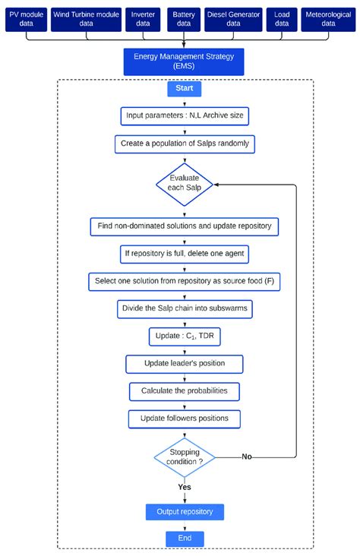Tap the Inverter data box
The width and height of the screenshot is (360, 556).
pyautogui.click(x=141, y=18)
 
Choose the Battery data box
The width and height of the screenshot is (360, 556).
pyautogui.click(x=184, y=18)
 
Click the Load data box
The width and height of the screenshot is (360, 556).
pyautogui.click(x=282, y=18)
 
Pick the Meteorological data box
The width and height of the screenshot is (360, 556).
pyautogui.click(x=329, y=18)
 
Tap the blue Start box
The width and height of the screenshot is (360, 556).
pyautogui.click(x=185, y=89)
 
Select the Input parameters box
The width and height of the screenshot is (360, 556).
pyautogui.click(x=185, y=116)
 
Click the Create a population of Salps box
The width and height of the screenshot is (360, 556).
pyautogui.click(x=185, y=143)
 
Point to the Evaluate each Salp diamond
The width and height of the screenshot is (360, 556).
pyautogui.click(x=185, y=185)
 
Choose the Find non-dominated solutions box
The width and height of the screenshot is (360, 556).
pyautogui.click(x=185, y=226)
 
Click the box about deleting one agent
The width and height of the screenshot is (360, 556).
pyautogui.click(x=185, y=252)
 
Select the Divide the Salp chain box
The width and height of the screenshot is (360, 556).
pyautogui.click(x=185, y=308)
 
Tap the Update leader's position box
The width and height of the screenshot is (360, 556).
pyautogui.click(x=185, y=364)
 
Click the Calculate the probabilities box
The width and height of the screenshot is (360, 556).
pyautogui.click(x=185, y=391)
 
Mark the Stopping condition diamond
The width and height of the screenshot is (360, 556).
pyautogui.click(x=185, y=457)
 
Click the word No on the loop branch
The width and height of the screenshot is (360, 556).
pyautogui.click(x=247, y=456)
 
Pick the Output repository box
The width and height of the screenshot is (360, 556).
pyautogui.click(x=185, y=512)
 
